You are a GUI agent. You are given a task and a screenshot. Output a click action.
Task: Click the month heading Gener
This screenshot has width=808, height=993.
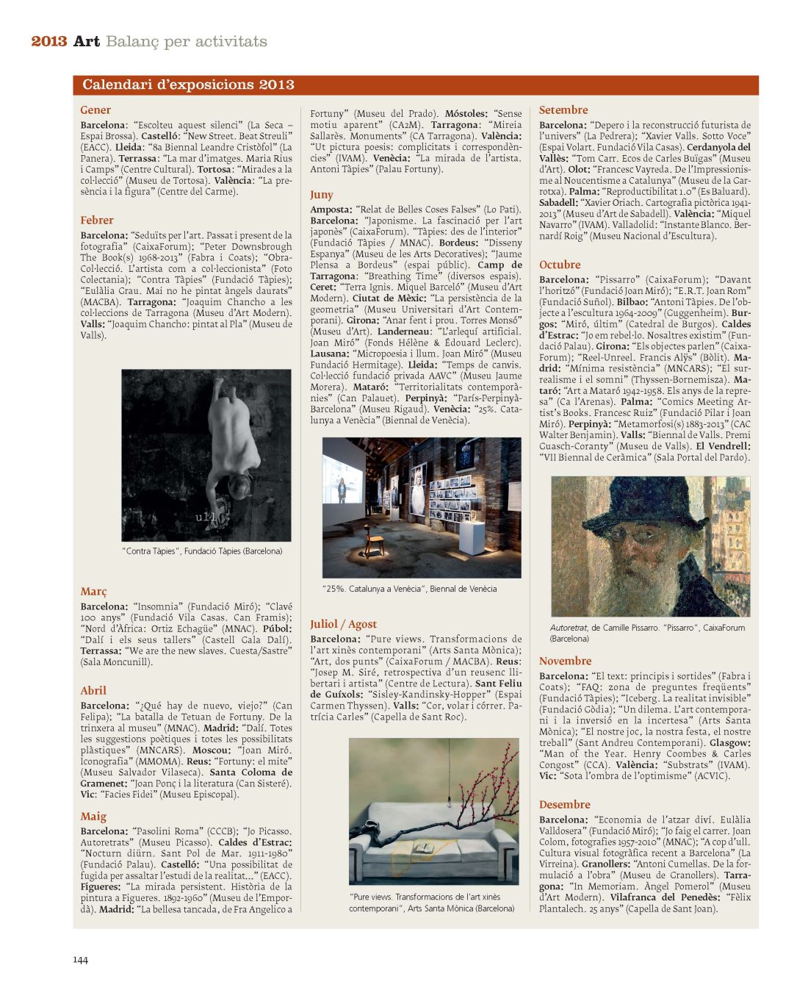[95, 110]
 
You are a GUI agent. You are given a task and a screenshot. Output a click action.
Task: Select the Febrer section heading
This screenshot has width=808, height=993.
[97, 220]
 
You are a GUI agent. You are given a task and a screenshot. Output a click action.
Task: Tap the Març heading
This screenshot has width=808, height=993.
[93, 591]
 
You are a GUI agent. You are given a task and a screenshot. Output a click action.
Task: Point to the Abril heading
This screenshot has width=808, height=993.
[93, 690]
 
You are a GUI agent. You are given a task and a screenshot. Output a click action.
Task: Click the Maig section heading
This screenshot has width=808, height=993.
[93, 816]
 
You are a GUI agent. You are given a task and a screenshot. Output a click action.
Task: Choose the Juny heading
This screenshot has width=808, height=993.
[322, 195]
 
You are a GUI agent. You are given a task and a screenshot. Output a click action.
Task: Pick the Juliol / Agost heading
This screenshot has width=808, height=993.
[343, 624]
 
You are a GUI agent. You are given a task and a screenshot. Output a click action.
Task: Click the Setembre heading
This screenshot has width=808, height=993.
[563, 110]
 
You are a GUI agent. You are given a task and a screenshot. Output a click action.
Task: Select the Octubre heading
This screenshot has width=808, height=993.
[560, 265]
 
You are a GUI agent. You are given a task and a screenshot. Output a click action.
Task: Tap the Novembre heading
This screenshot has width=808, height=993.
[565, 661]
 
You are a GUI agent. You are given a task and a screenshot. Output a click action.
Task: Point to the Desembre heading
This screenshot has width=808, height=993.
[565, 804]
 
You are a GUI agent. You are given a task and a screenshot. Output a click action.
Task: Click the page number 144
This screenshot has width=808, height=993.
[80, 959]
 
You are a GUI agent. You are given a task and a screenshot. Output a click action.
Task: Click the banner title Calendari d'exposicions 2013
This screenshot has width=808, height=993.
[188, 85]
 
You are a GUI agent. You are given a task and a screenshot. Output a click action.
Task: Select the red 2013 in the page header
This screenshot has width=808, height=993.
[49, 41]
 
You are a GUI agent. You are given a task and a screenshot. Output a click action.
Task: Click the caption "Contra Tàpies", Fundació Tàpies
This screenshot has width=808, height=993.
[202, 551]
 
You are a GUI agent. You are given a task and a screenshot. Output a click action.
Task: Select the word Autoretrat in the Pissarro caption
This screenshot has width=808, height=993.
[569, 628]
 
